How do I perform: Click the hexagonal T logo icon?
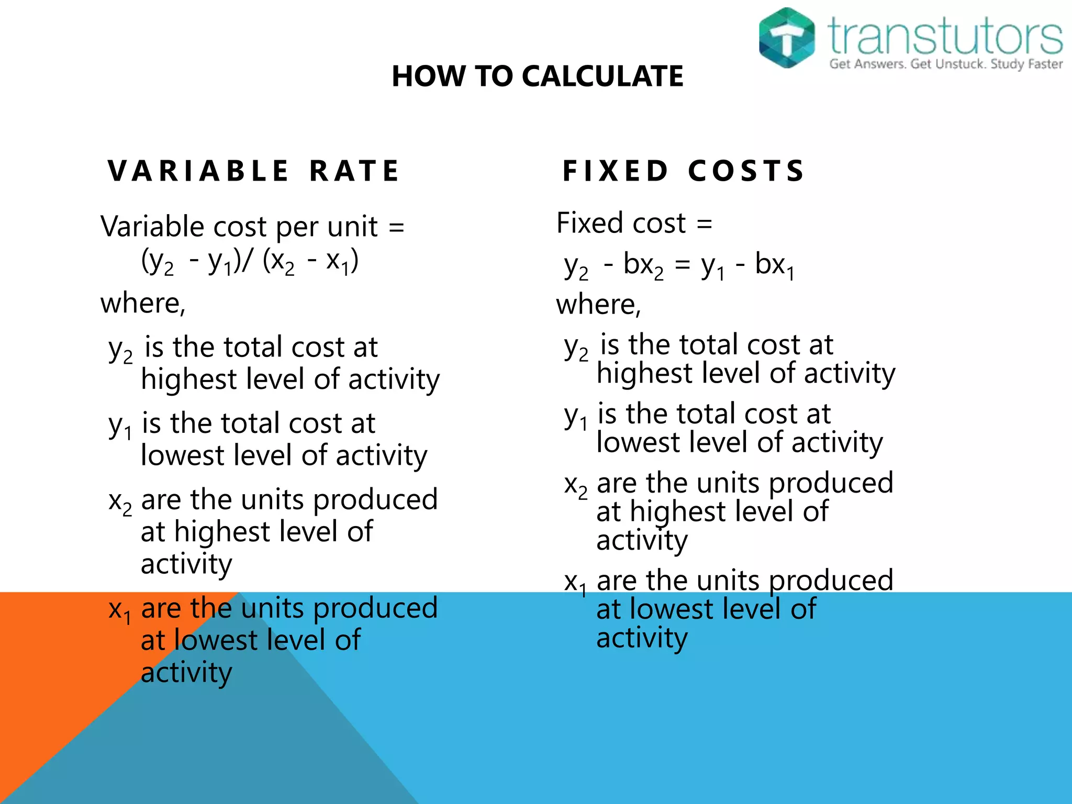(x=787, y=38)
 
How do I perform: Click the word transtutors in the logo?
(x=945, y=36)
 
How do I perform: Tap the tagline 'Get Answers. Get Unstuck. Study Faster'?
(x=946, y=64)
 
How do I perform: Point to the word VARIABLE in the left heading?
(x=198, y=171)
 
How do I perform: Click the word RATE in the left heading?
(x=355, y=171)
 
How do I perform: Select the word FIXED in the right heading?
(x=616, y=171)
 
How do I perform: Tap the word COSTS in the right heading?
(x=746, y=171)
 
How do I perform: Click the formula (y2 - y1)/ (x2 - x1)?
(x=250, y=261)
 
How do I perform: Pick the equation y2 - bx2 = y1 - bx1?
(x=679, y=265)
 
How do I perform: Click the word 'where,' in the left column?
(x=143, y=303)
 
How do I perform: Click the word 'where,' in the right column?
(x=598, y=304)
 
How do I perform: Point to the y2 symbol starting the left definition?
(x=120, y=350)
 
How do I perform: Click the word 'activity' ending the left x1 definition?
(x=186, y=673)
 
